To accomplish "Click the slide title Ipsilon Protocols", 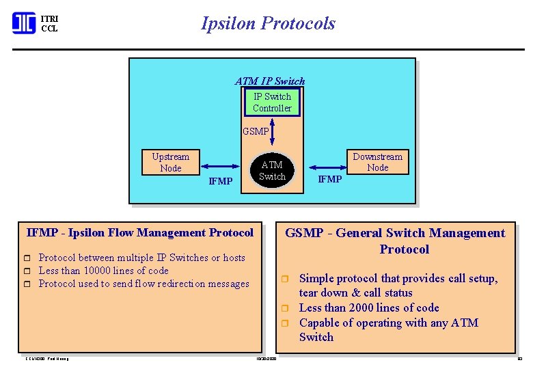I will [268, 23].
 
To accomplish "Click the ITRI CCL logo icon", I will [24, 23].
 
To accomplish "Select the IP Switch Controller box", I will [272, 102].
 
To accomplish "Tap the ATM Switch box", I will [272, 170].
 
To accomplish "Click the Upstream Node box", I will [170, 162].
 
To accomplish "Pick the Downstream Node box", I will [377, 162].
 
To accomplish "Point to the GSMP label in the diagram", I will [256, 132].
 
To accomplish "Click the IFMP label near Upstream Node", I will [220, 182].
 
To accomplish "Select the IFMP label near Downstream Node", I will [330, 179].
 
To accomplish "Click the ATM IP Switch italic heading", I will [270, 81].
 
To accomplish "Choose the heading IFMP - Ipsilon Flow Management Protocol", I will [140, 233].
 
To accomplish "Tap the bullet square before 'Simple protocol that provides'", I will [288, 279].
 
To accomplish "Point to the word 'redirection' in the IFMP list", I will [180, 284].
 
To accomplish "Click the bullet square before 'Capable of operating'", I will [288, 323].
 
